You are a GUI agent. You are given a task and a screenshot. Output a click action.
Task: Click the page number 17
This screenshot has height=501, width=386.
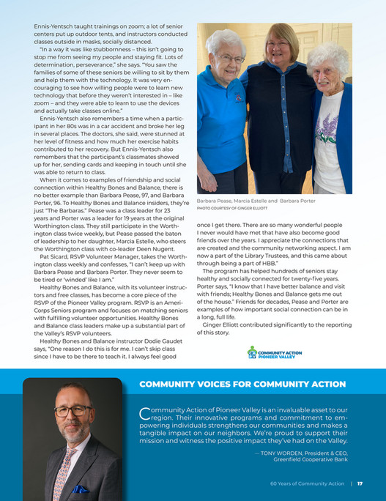(361, 483)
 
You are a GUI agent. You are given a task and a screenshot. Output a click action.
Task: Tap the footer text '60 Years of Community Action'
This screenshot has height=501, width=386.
(306, 483)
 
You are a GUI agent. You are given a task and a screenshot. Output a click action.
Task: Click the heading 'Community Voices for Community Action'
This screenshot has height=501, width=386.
(242, 384)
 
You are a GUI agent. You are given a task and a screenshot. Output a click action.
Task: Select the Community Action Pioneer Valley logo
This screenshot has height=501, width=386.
(274, 352)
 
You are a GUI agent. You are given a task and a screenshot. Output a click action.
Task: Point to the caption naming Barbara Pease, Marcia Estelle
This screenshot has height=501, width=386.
(256, 200)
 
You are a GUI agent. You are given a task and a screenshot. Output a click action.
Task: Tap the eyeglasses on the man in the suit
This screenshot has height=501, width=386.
(73, 410)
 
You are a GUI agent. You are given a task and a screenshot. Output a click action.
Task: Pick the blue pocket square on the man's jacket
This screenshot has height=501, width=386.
(81, 489)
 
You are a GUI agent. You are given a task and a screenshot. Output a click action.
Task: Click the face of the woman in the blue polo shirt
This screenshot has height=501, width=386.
(229, 55)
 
